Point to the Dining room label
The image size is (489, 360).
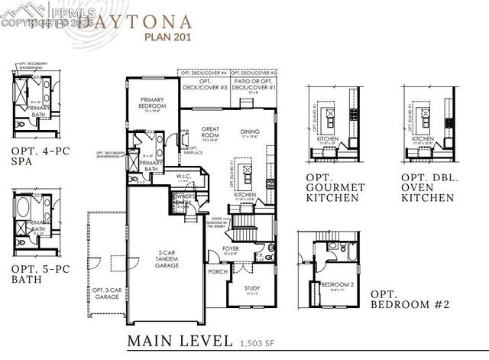[x=250, y=131]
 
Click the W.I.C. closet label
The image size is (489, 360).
[x=183, y=177]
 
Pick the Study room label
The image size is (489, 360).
[x=253, y=289]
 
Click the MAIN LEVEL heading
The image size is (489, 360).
[x=179, y=339]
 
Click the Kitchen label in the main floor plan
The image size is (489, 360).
[x=245, y=195]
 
